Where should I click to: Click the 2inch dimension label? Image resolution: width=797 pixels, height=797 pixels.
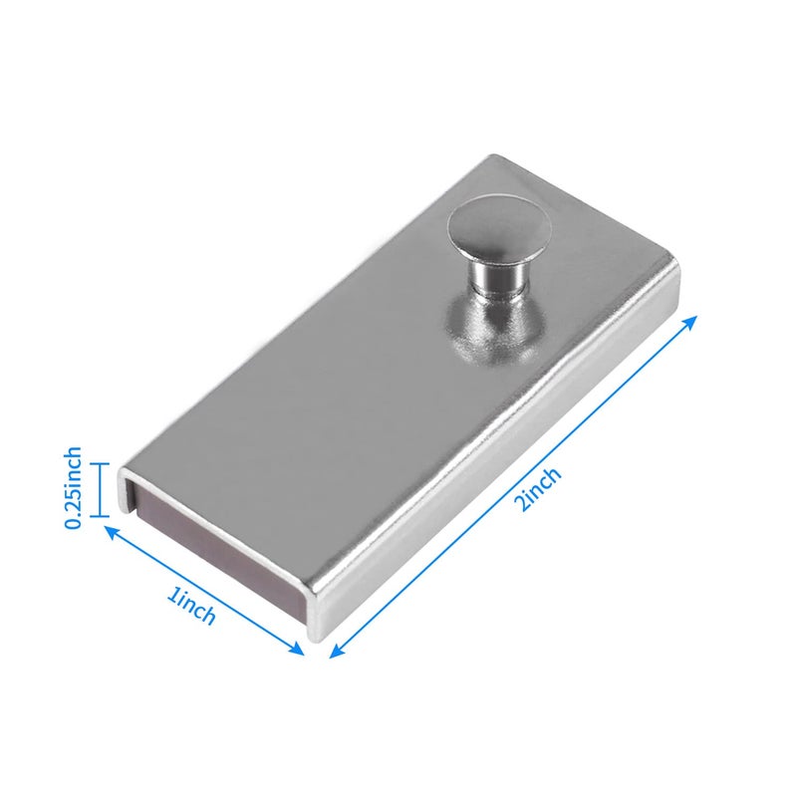coord(538,488)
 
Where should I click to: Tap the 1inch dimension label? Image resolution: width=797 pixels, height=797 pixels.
coord(191,607)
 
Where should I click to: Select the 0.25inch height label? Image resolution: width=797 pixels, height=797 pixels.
coord(72,487)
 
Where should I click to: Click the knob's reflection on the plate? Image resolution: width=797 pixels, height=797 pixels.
coord(492,331)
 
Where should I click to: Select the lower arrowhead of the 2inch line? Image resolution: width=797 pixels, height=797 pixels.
coord(337,651)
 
